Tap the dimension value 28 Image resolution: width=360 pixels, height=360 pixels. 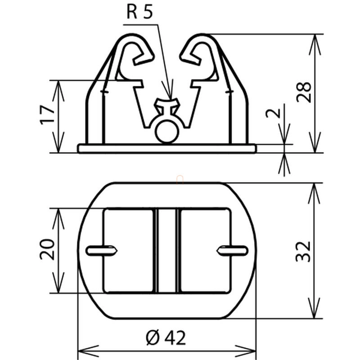click(303, 92)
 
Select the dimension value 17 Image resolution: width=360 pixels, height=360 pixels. click(48, 115)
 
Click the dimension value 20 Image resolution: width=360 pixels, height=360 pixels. click(47, 249)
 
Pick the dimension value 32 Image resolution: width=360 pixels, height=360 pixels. click(303, 252)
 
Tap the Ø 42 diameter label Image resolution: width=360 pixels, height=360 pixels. click(166, 338)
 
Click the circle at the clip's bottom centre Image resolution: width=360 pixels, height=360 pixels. click(167, 131)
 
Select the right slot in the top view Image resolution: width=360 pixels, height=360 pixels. click(232, 250)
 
